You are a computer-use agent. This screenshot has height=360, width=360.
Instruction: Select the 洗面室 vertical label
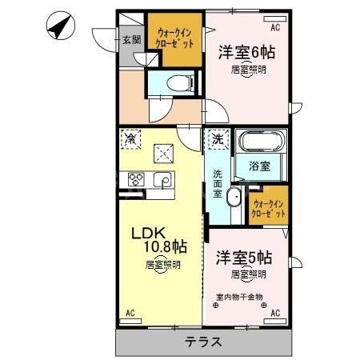tap(218, 184)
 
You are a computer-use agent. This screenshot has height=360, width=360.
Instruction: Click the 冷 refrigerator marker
tap(131, 138)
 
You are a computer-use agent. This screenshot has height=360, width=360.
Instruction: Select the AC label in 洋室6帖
tap(275, 28)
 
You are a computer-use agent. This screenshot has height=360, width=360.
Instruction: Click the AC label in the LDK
tap(130, 313)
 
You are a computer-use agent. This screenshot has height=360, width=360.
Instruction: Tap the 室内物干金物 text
tap(243, 298)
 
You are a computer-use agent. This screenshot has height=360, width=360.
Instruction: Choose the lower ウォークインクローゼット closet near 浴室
tap(269, 208)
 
